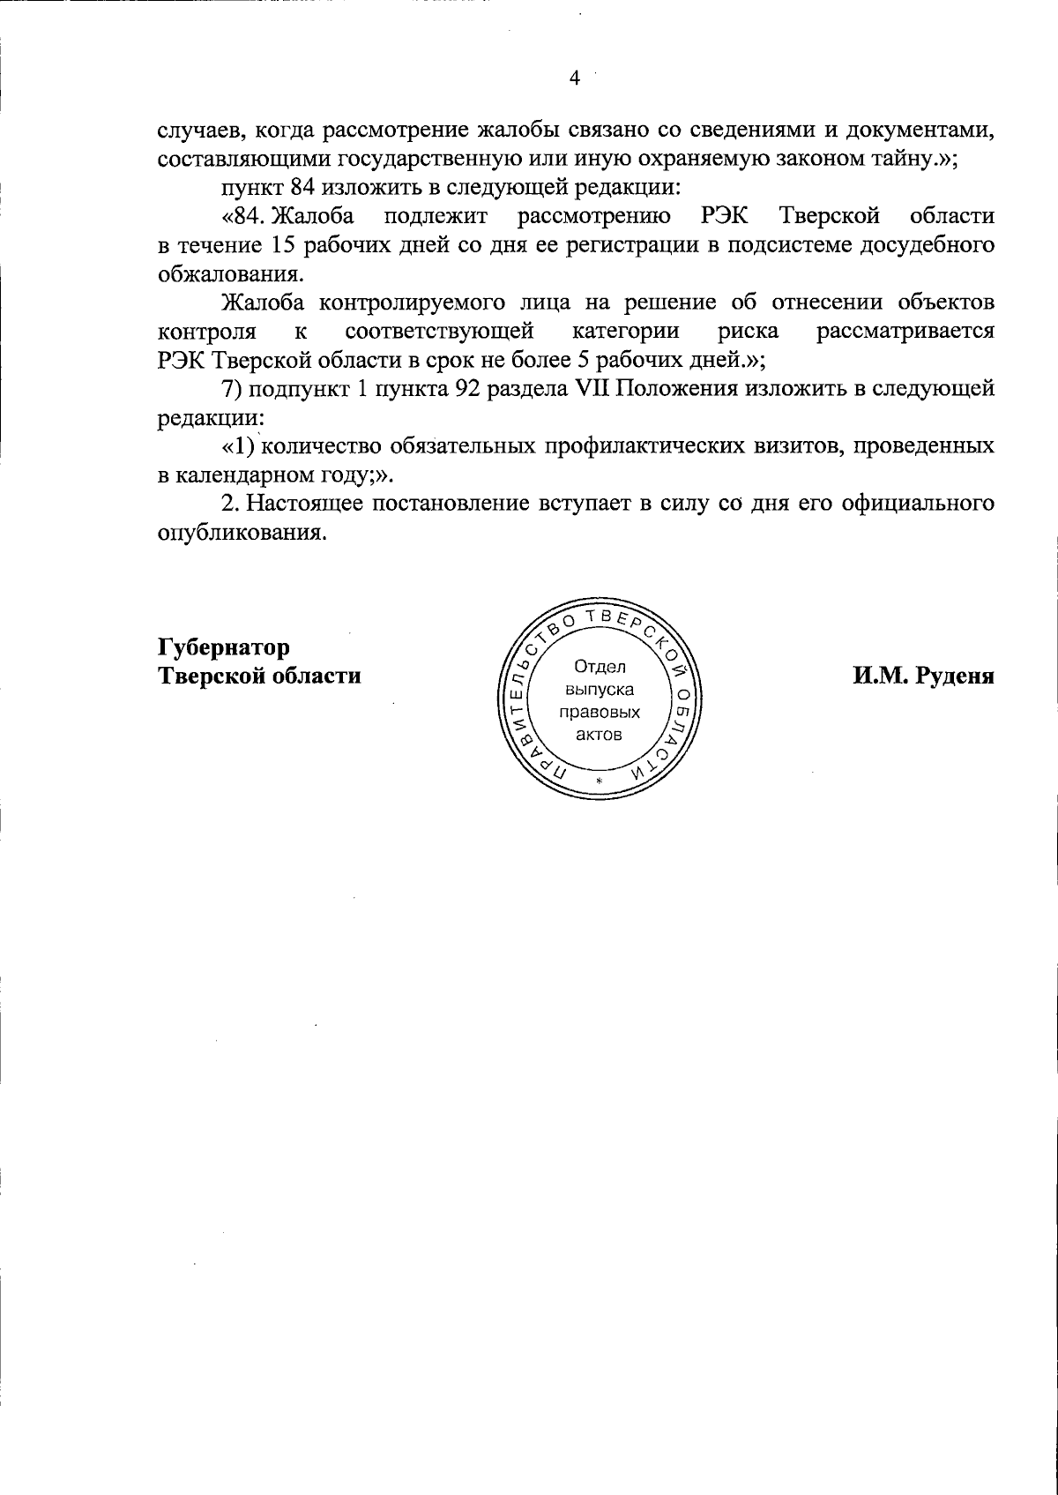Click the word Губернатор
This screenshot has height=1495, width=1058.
click(x=223, y=647)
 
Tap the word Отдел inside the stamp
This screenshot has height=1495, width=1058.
click(x=599, y=667)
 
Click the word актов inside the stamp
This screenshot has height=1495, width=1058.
click(x=599, y=736)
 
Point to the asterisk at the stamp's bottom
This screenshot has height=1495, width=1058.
click(x=599, y=783)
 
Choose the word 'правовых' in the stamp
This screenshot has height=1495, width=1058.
click(x=599, y=713)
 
